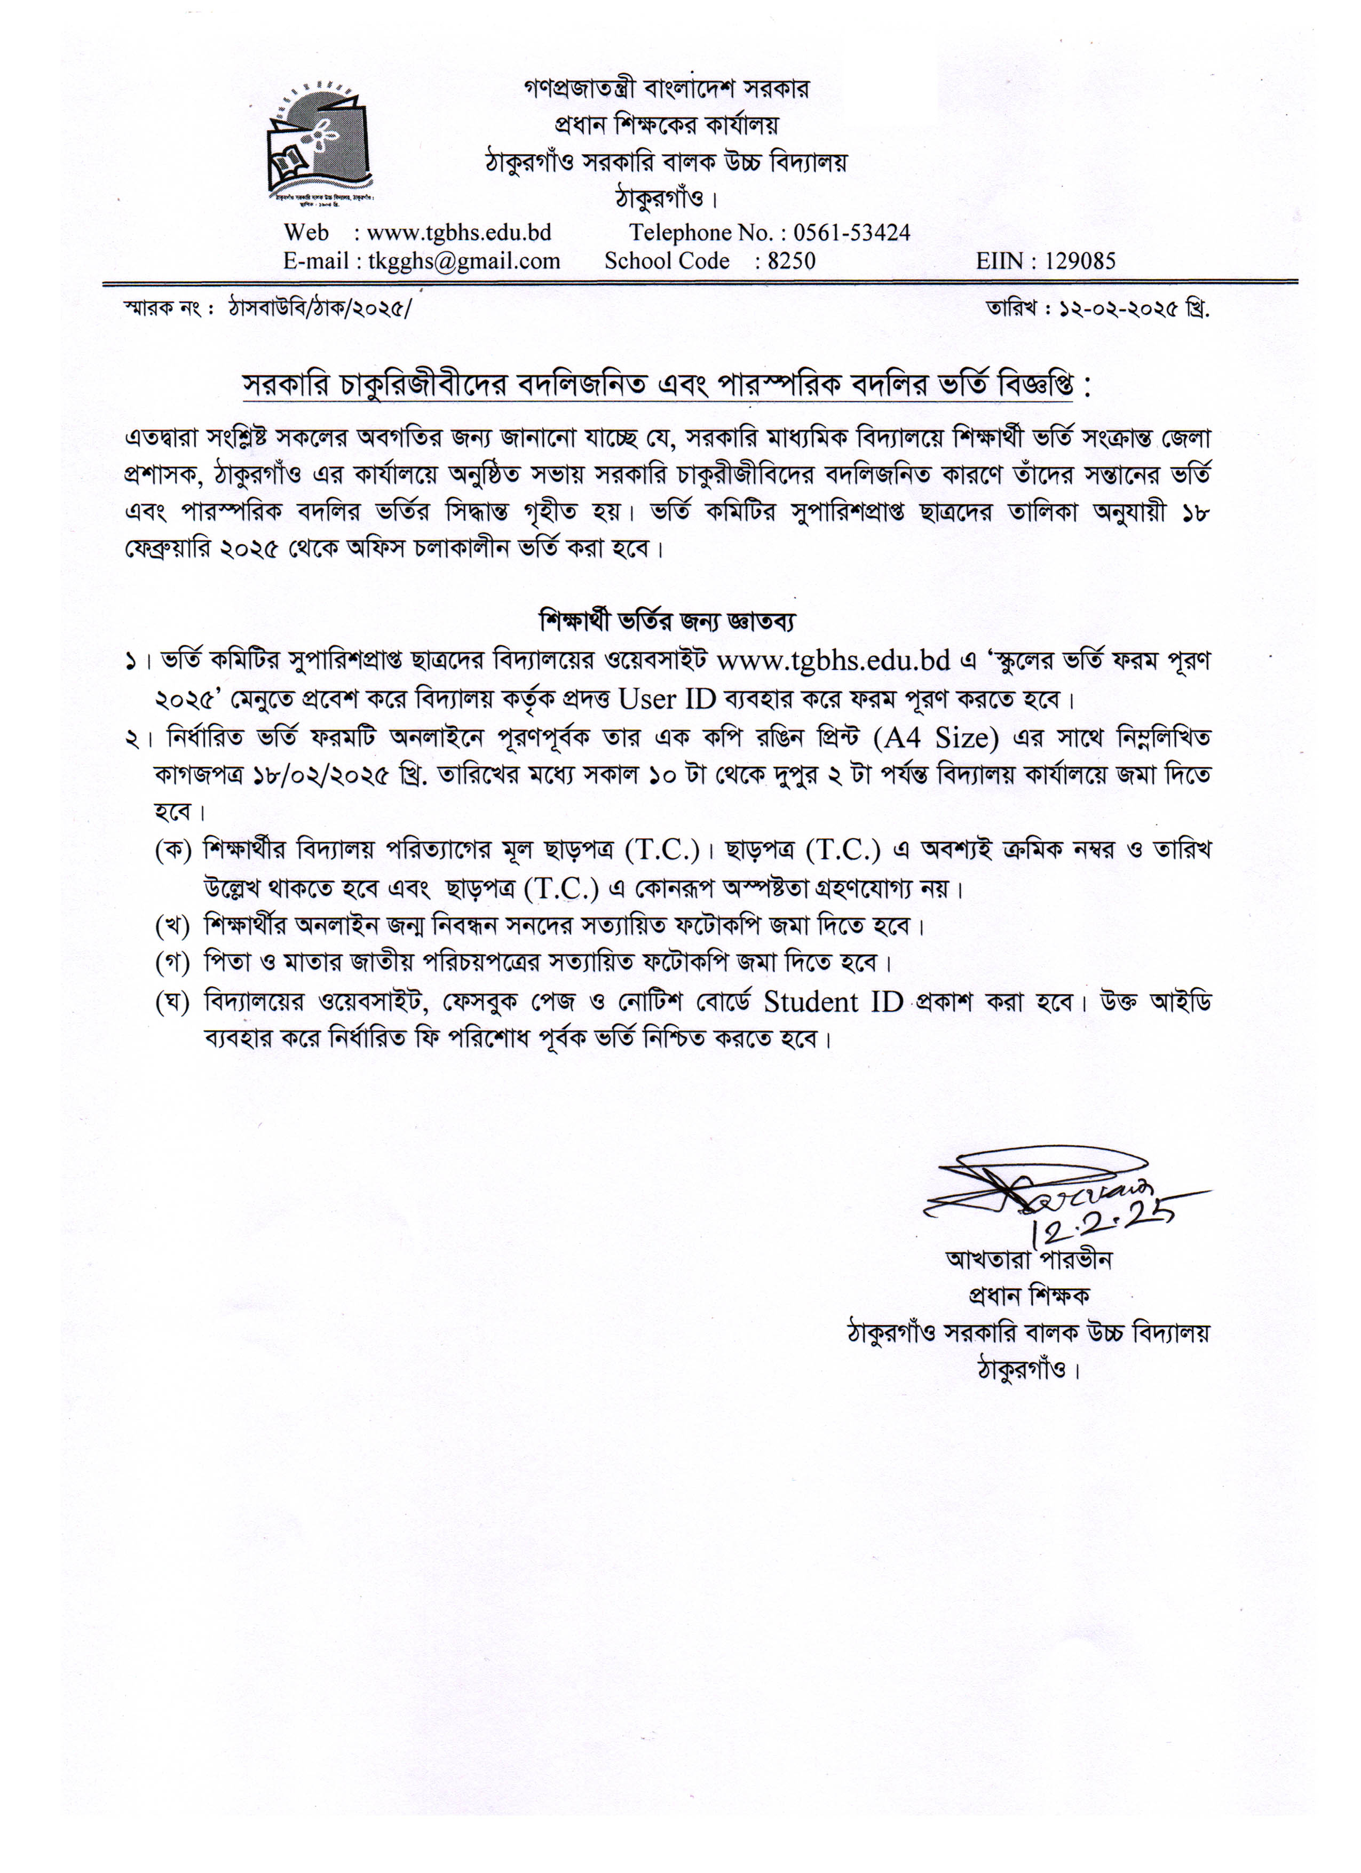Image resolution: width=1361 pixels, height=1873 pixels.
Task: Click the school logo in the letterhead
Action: [319, 142]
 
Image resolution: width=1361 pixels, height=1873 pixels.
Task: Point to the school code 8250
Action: [790, 262]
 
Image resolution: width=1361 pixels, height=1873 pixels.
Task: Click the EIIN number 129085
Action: [1079, 262]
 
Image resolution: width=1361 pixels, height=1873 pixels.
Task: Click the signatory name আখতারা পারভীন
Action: [1028, 1260]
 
